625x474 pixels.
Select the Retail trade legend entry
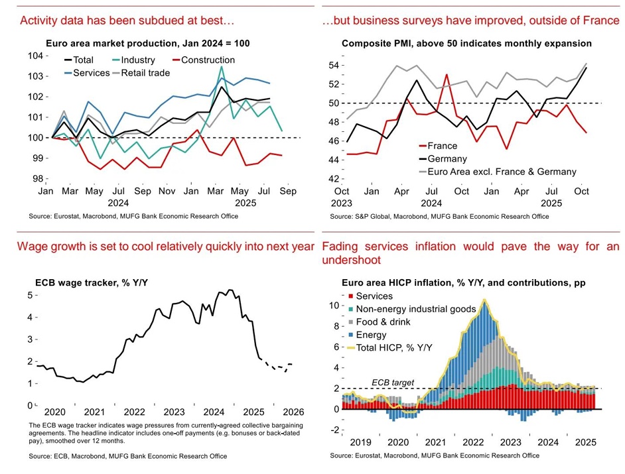pos(145,72)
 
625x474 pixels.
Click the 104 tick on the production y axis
pos(37,56)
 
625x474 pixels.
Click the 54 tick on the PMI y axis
pos(335,66)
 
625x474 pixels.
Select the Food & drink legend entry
pos(383,322)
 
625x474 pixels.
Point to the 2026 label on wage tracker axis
pos(293,411)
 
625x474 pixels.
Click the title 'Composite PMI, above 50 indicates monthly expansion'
pos(466,44)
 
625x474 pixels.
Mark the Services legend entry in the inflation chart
pos(374,296)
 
